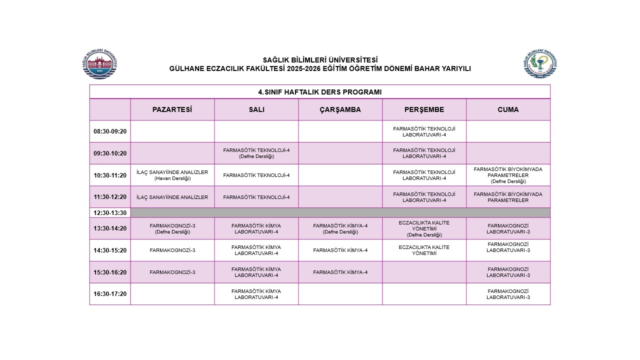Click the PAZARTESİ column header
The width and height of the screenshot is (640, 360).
point(172,109)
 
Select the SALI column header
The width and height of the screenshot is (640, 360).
point(256,109)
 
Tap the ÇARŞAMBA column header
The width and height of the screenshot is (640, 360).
point(340,109)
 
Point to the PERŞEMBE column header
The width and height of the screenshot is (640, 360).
point(424,109)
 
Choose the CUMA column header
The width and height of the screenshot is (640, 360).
point(508,109)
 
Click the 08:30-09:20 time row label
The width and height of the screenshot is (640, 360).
point(110,131)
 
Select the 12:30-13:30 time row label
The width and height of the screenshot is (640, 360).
point(110,212)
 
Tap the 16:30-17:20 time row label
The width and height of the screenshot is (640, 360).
point(110,294)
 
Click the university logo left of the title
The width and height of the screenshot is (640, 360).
point(100,64)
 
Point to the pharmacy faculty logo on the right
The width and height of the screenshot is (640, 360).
point(540,64)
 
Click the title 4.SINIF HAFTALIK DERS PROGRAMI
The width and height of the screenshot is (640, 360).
point(319,92)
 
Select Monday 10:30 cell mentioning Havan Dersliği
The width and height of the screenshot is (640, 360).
point(172,175)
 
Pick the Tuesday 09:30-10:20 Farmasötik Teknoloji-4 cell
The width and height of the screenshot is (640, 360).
point(256,153)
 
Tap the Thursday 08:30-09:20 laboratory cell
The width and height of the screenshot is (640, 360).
point(424,131)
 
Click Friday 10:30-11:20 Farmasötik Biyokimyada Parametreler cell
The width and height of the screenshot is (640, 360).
point(508,175)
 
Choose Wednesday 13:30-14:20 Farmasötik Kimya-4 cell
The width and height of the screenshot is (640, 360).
point(340,228)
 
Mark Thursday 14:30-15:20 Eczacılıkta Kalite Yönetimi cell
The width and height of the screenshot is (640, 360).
point(424,250)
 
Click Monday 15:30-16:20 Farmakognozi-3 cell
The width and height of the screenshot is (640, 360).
point(172,272)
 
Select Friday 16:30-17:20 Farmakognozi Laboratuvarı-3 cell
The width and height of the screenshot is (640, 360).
point(508,294)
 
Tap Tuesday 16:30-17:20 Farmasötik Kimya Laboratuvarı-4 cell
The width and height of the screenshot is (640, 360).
point(256,294)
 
